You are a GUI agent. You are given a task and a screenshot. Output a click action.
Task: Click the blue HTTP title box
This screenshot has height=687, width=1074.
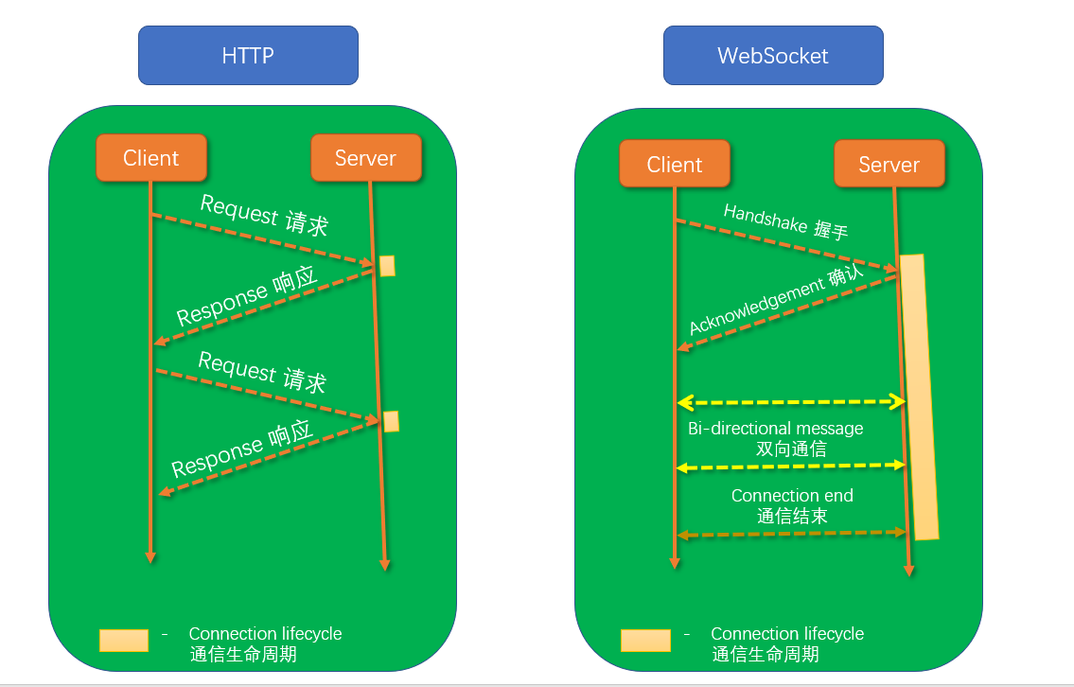(x=248, y=56)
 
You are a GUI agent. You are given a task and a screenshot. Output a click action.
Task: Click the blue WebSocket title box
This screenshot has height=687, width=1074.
(x=773, y=56)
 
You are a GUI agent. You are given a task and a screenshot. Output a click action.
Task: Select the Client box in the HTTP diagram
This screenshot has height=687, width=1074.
(x=151, y=158)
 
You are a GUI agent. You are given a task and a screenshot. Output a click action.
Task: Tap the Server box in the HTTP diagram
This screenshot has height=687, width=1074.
(x=366, y=158)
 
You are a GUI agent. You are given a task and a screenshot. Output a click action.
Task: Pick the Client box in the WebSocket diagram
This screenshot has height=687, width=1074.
(x=675, y=164)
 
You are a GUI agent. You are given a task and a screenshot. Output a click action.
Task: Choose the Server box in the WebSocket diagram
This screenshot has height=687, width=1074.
(x=889, y=164)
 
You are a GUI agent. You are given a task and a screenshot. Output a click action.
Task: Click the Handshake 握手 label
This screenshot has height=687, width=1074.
(x=785, y=221)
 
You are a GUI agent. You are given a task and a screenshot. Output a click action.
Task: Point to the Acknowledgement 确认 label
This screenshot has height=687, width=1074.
(x=776, y=300)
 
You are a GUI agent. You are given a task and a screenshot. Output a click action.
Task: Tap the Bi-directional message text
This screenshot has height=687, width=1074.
(x=775, y=428)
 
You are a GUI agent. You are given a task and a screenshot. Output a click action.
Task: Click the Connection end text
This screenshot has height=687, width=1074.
(x=792, y=495)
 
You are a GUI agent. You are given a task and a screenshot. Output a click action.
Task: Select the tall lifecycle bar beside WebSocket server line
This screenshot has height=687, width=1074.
(x=919, y=397)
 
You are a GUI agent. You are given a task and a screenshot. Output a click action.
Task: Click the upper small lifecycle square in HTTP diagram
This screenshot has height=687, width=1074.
(x=387, y=266)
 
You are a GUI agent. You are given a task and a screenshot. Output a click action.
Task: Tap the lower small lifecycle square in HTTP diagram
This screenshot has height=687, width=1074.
(x=391, y=421)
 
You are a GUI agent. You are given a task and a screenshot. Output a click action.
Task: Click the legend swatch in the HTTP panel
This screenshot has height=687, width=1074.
(x=124, y=641)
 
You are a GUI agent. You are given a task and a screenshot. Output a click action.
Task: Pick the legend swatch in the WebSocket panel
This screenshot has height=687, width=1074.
(x=646, y=641)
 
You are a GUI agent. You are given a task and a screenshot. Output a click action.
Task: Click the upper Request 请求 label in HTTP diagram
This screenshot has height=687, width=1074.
(x=264, y=215)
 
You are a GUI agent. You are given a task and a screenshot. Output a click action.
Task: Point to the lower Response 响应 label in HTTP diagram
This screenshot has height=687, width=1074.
(x=242, y=449)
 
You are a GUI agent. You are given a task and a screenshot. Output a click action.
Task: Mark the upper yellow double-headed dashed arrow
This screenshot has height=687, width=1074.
(x=791, y=402)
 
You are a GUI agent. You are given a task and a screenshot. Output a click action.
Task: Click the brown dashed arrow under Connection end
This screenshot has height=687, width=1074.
(x=792, y=534)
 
